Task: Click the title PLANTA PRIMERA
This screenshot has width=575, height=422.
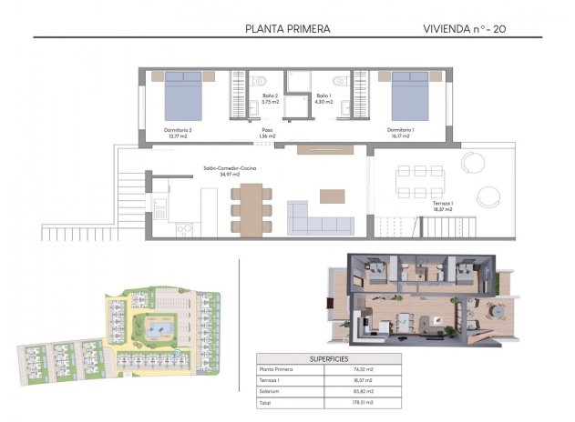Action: click(288, 28)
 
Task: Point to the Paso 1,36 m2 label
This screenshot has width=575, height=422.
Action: click(266, 134)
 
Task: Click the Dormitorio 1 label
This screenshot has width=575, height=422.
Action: click(400, 133)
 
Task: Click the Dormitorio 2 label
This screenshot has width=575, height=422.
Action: click(178, 133)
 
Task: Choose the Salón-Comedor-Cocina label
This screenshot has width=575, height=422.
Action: click(230, 171)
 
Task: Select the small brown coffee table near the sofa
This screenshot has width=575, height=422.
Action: click(332, 194)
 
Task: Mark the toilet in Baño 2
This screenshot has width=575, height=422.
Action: click(258, 81)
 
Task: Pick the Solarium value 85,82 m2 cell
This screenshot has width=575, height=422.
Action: click(365, 390)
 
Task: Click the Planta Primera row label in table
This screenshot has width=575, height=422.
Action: click(279, 369)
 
